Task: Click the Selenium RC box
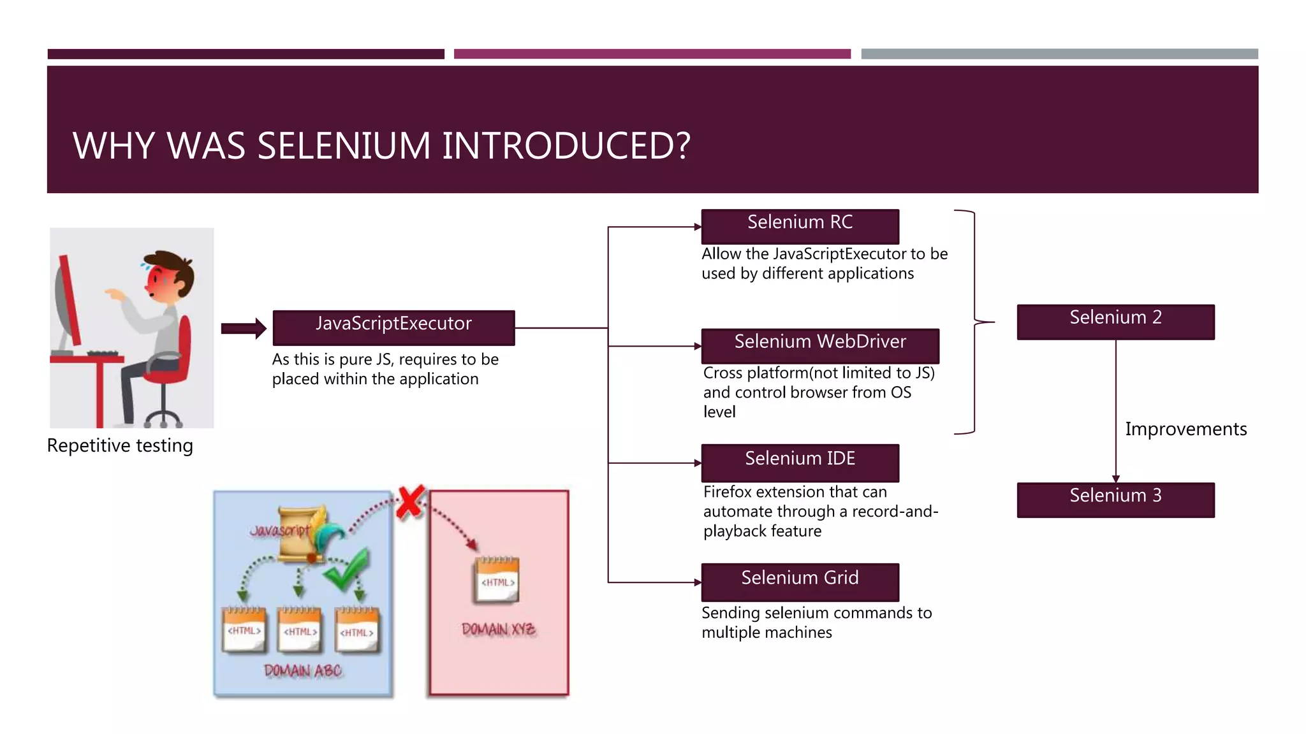(x=800, y=226)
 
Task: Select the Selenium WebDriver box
(x=819, y=345)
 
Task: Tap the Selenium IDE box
(x=800, y=463)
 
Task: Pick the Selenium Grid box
(x=800, y=581)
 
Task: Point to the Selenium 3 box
(x=1115, y=500)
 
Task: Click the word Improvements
(x=1185, y=429)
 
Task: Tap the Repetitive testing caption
(x=120, y=445)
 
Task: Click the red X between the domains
(x=411, y=502)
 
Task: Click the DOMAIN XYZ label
(x=498, y=630)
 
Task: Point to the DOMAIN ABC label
(x=302, y=670)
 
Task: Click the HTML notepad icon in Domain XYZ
(x=497, y=579)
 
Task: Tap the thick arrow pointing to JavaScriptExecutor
(x=243, y=328)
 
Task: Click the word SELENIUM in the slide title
(x=343, y=146)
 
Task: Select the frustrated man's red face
(x=159, y=281)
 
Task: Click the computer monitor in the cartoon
(x=67, y=303)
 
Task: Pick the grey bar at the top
(x=1059, y=54)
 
